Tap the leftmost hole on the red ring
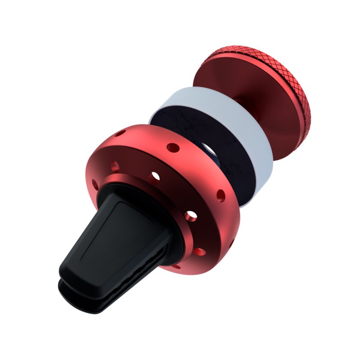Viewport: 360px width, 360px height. click(95, 184)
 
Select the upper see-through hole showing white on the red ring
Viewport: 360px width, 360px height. click(156, 175)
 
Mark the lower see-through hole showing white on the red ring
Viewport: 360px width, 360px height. click(191, 216)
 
